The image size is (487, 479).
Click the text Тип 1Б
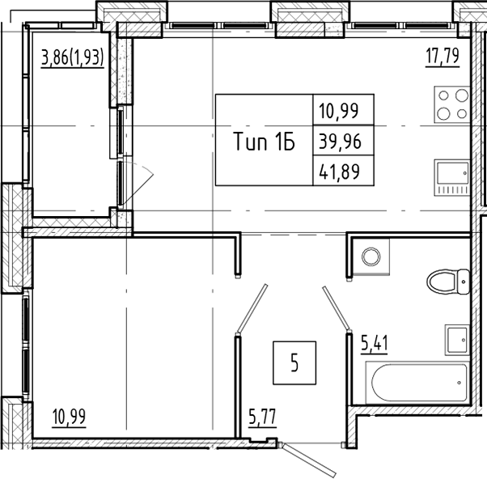click(x=263, y=142)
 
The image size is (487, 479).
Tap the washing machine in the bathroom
click(x=370, y=256)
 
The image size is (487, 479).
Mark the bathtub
click(x=417, y=384)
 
